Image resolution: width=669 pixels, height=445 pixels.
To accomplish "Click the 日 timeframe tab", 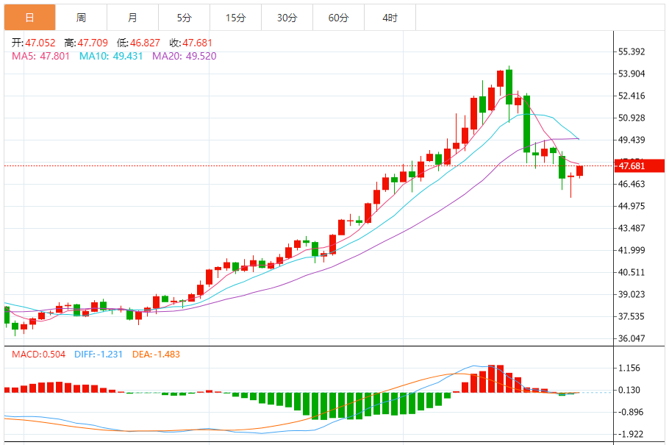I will [x=29, y=18].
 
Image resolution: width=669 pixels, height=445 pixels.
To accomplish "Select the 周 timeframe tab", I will [x=81, y=18].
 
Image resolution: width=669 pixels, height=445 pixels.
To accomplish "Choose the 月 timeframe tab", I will [x=132, y=18].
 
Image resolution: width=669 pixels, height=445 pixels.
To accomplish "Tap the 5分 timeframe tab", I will [x=184, y=18].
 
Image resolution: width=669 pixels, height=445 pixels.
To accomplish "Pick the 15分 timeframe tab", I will [x=235, y=18].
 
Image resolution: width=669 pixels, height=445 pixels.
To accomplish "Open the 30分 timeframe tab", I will [x=287, y=18].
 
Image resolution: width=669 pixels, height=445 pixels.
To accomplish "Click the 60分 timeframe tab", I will [x=338, y=18].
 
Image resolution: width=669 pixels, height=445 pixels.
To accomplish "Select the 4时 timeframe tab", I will [x=390, y=18].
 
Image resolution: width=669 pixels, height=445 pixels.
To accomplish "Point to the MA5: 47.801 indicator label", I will [x=40, y=56].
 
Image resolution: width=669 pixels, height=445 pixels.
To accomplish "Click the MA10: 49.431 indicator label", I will [x=110, y=56].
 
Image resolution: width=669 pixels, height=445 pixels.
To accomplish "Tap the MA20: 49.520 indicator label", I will [x=184, y=56].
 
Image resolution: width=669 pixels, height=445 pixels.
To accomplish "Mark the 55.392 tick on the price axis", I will [x=632, y=51].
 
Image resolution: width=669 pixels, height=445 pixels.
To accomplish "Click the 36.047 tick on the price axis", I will [x=632, y=338].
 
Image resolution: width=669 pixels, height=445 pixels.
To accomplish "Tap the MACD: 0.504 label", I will [x=39, y=354].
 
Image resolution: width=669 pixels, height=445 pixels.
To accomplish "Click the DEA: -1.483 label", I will [x=156, y=354].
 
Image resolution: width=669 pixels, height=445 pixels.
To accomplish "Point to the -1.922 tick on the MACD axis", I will [x=632, y=434].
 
